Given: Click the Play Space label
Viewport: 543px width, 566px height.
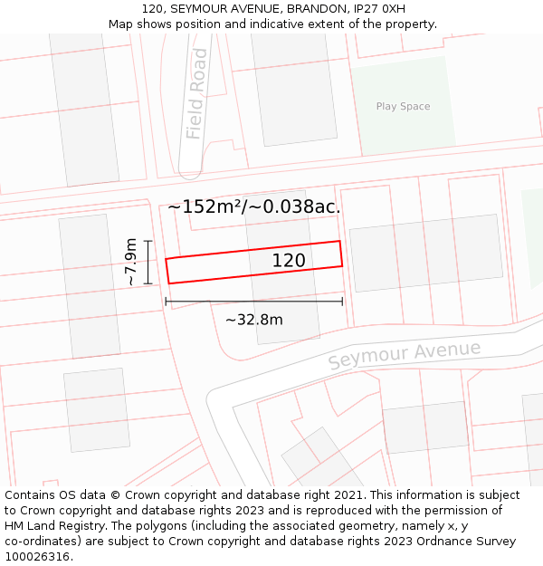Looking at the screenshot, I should point(403,107).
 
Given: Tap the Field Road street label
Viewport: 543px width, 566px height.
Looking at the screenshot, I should point(196,93).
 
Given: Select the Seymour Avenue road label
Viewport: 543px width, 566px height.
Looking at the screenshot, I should point(404,354).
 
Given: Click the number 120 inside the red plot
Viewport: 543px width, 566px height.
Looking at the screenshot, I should point(289,261).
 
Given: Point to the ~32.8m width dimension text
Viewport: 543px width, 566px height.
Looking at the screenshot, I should point(253,320).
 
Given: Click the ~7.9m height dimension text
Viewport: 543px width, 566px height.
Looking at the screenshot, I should point(132,262).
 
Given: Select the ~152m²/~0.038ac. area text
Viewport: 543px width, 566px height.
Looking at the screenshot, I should point(254,206).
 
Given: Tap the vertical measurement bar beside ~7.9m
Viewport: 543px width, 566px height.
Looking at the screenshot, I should point(148,262).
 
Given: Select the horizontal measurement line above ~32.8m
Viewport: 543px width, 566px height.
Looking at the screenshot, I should point(253,301).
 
